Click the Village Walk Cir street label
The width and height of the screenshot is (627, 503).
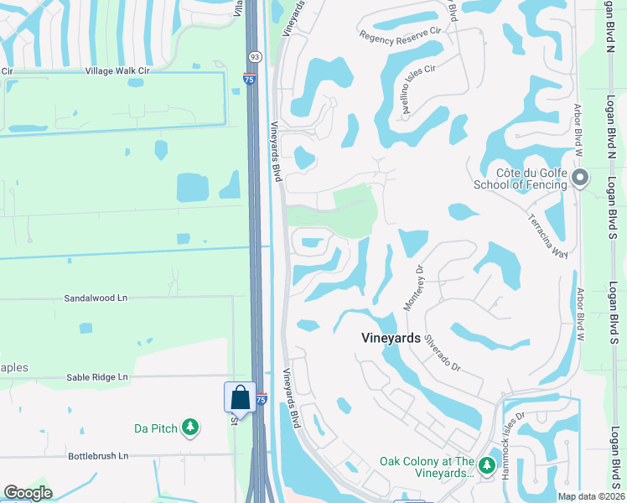tap(117, 71)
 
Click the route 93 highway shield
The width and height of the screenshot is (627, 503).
tap(255, 56)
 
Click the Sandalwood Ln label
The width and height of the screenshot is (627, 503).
tap(96, 298)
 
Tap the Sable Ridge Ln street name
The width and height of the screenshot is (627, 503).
tap(97, 377)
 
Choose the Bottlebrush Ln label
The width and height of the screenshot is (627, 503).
tap(98, 456)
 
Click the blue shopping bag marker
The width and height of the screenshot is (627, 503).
tap(240, 397)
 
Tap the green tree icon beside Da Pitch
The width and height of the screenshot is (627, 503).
tap(190, 428)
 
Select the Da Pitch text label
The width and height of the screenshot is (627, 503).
tap(156, 428)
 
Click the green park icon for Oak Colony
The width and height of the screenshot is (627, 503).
tap(487, 462)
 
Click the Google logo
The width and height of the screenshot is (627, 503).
tap(28, 493)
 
